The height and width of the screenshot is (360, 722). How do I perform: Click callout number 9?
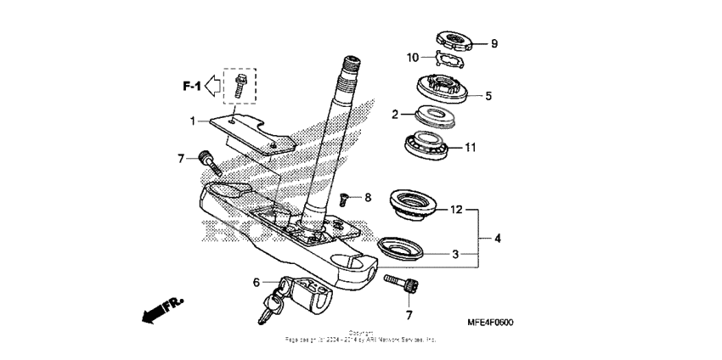[494, 43]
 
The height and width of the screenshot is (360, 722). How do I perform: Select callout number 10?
[413, 58]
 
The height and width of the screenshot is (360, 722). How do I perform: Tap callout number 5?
[488, 96]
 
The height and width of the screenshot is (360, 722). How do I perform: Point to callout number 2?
[395, 114]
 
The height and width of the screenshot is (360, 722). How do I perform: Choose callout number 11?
[494, 147]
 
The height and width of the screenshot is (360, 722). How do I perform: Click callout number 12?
[455, 208]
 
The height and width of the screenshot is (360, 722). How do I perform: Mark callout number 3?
[455, 253]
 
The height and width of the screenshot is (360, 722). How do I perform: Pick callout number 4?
[498, 239]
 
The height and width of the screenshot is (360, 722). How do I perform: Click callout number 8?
[368, 198]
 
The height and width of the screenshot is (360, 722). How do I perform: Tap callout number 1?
[193, 120]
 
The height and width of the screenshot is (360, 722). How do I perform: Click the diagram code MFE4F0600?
[490, 323]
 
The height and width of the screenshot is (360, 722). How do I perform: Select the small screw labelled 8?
[344, 199]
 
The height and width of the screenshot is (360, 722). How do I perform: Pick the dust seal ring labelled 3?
[400, 247]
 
